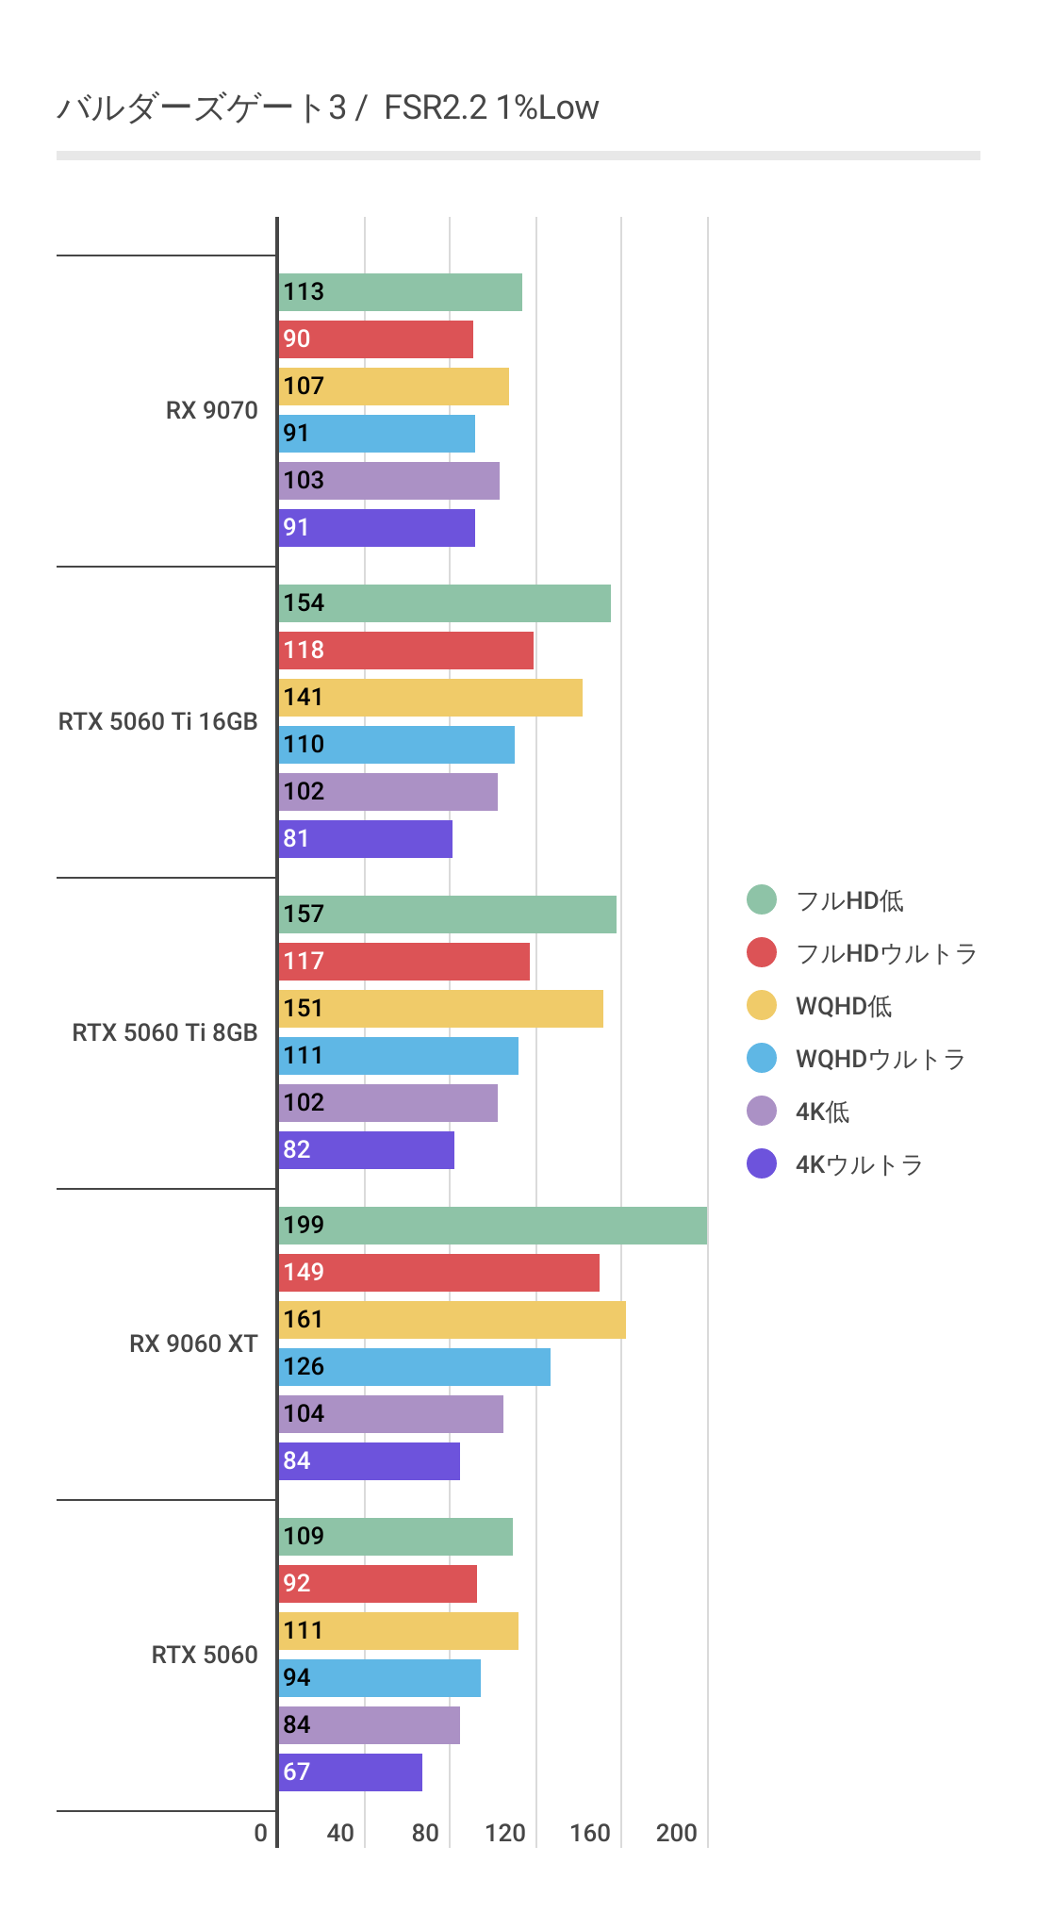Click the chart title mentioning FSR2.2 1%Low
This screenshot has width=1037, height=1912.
click(x=328, y=107)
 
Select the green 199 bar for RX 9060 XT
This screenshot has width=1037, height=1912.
click(x=492, y=1226)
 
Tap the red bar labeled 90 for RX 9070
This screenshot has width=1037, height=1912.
click(x=375, y=339)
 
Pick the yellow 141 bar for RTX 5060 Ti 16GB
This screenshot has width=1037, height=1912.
click(x=430, y=698)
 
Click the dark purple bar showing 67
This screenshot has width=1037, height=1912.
click(x=350, y=1772)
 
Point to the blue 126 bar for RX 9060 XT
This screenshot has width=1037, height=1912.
click(x=414, y=1367)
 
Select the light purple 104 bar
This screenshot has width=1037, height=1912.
click(x=390, y=1414)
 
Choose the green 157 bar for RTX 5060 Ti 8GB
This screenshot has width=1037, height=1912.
click(x=447, y=915)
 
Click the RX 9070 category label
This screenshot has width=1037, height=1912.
click(x=211, y=410)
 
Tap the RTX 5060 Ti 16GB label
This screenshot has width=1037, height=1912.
click(x=157, y=721)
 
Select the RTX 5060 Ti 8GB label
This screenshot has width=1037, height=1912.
click(x=164, y=1032)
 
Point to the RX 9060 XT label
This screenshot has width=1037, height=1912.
click(x=193, y=1343)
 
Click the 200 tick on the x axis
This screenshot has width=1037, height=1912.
click(x=676, y=1833)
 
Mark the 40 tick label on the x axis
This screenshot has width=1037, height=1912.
click(x=340, y=1833)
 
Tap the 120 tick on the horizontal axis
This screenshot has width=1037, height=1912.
click(x=505, y=1833)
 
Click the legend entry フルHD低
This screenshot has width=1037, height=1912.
click(x=849, y=900)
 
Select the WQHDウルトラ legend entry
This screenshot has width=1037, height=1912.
click(x=880, y=1059)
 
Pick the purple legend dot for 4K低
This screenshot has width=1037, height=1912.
click(x=762, y=1112)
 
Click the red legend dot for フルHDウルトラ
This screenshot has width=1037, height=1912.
click(x=762, y=953)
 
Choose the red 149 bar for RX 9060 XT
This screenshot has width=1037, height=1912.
click(x=438, y=1273)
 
